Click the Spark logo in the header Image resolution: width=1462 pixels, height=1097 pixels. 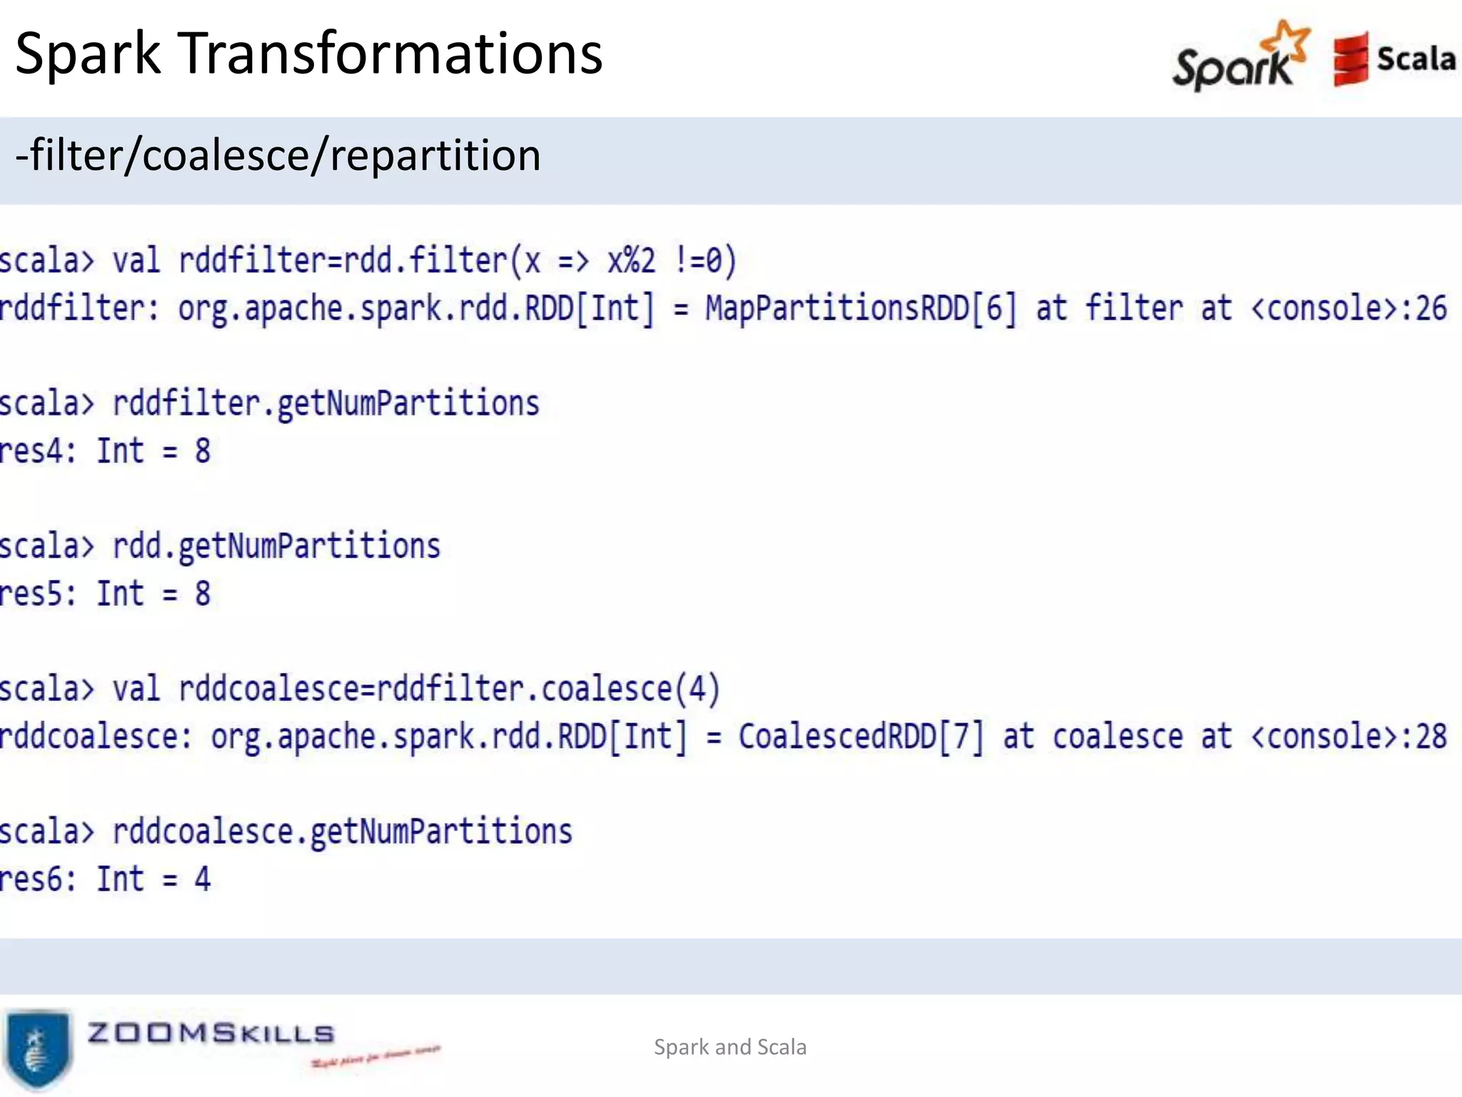(1241, 57)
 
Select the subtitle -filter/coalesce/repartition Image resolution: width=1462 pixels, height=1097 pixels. (278, 155)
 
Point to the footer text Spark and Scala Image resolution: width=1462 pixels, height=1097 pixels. (730, 1047)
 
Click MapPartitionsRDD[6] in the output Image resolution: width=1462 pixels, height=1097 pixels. (860, 309)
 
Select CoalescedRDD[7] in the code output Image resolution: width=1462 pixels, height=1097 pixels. (860, 737)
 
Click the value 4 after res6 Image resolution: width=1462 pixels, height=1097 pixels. (203, 879)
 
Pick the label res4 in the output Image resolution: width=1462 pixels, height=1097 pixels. (36, 451)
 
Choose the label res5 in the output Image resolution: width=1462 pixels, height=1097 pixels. (36, 594)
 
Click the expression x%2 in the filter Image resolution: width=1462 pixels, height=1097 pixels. (631, 261)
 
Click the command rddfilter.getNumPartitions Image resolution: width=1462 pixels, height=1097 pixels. (326, 404)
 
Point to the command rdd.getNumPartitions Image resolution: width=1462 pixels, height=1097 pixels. (277, 546)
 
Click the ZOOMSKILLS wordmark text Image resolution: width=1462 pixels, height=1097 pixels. (211, 1033)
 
